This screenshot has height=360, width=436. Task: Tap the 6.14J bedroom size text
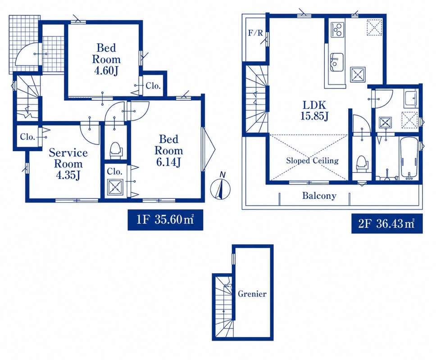click(168, 162)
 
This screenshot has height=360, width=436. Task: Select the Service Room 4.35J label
click(68, 164)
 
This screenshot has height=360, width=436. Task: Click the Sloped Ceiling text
click(312, 161)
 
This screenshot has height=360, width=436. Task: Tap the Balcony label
click(319, 196)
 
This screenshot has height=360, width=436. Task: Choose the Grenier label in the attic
click(252, 293)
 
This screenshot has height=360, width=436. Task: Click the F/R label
click(255, 33)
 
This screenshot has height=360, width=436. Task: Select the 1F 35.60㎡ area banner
click(165, 220)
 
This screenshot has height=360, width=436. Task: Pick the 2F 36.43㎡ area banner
click(387, 223)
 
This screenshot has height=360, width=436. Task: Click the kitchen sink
click(337, 62)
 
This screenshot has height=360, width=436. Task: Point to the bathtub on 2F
click(409, 158)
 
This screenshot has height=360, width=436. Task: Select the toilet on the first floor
click(116, 150)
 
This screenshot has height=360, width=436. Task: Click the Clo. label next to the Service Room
click(27, 137)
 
